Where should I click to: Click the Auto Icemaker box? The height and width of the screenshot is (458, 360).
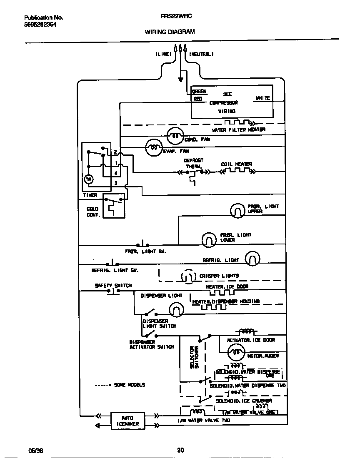tap(127, 421)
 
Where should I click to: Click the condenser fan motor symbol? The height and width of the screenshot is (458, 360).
tap(175, 136)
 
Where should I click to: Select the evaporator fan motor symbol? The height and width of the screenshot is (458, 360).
tap(153, 147)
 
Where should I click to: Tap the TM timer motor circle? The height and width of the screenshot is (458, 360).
tap(88, 179)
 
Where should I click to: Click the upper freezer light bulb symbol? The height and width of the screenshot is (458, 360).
tap(237, 210)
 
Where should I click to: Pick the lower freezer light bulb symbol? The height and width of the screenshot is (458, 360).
tap(208, 239)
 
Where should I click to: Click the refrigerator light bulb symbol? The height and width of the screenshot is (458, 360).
tap(252, 259)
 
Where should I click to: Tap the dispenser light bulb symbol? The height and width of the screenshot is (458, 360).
tap(176, 309)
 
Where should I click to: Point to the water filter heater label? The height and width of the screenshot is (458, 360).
tap(238, 130)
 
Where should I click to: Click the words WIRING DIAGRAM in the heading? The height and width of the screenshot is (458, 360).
tap(170, 32)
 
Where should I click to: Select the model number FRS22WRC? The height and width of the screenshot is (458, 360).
tap(176, 18)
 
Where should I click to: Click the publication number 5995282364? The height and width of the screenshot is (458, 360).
tap(40, 25)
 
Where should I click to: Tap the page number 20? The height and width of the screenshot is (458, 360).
tap(180, 450)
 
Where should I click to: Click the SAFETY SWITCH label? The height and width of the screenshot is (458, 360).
tap(113, 286)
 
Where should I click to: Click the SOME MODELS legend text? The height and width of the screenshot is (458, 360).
tap(129, 385)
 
